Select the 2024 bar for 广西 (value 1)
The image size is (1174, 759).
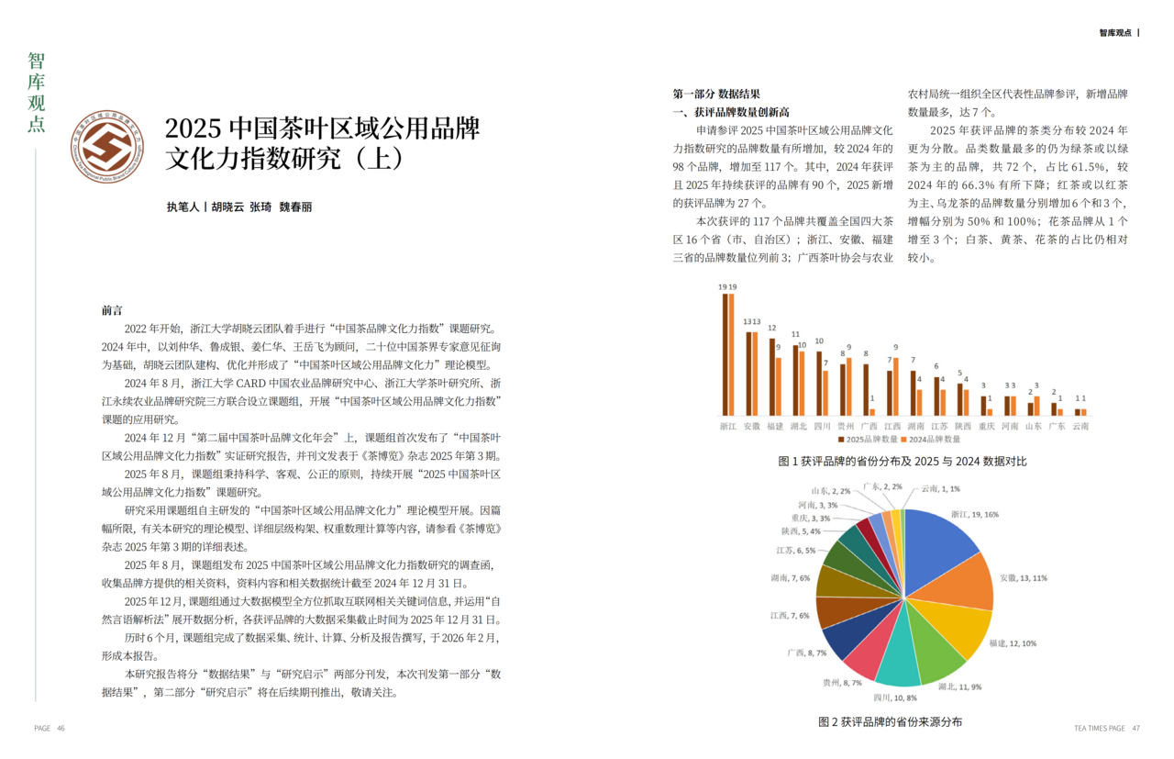(x=870, y=412)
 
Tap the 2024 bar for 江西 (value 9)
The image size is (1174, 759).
(x=894, y=386)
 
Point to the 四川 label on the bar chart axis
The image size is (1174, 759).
(x=823, y=427)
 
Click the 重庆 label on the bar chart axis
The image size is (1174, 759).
(x=986, y=427)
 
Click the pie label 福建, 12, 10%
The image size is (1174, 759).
(x=1013, y=642)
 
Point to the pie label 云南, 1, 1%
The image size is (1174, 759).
(x=940, y=489)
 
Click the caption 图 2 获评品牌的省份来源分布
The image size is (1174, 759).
(x=890, y=722)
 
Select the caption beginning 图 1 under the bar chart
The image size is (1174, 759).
(x=903, y=461)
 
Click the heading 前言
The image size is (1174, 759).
(x=112, y=311)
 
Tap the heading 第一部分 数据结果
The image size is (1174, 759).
(x=716, y=95)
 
